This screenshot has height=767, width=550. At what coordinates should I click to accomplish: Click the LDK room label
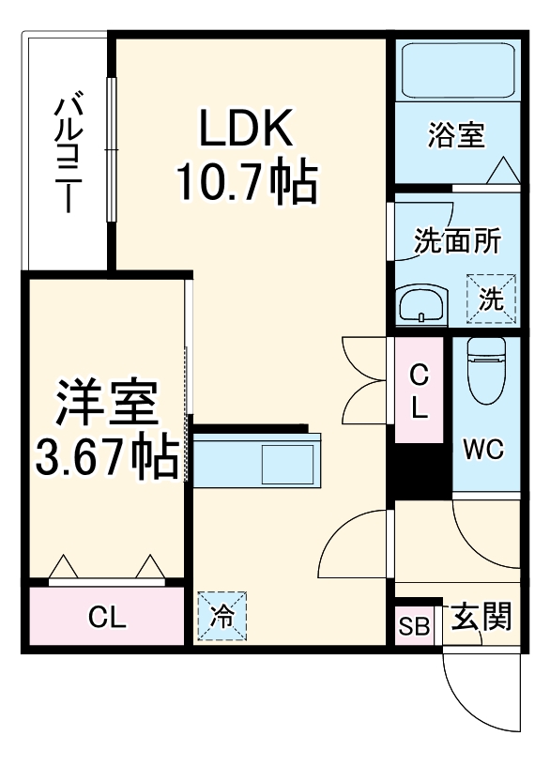pyautogui.click(x=245, y=129)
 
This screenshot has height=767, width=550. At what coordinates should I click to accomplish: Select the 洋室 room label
pyautogui.click(x=104, y=405)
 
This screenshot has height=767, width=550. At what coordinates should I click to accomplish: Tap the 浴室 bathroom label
pyautogui.click(x=456, y=135)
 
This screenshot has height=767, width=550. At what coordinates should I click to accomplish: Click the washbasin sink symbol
pyautogui.click(x=422, y=305)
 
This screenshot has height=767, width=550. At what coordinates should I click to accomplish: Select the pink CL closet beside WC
pyautogui.click(x=419, y=391)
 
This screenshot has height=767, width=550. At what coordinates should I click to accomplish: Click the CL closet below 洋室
pyautogui.click(x=106, y=618)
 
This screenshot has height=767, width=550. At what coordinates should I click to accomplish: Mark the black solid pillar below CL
pyautogui.click(x=420, y=472)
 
